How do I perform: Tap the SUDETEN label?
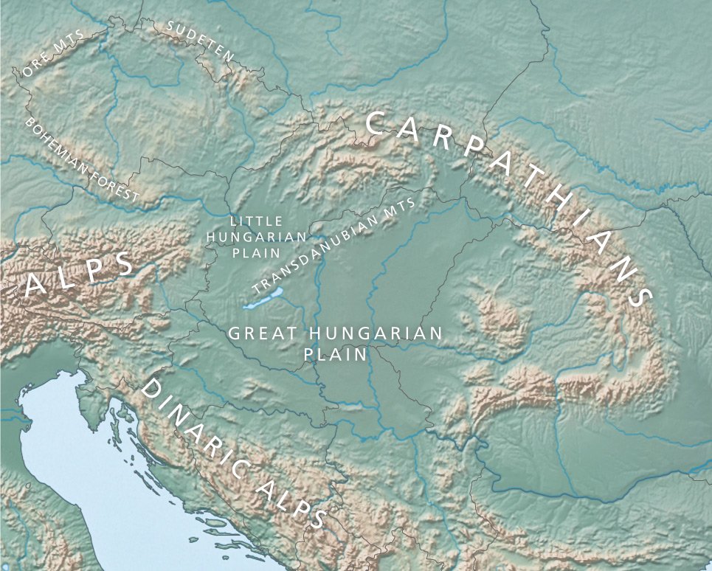[199, 41]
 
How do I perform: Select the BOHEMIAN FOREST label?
[81, 159]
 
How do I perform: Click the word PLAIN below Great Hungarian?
[336, 354]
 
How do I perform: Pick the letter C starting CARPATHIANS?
[376, 122]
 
